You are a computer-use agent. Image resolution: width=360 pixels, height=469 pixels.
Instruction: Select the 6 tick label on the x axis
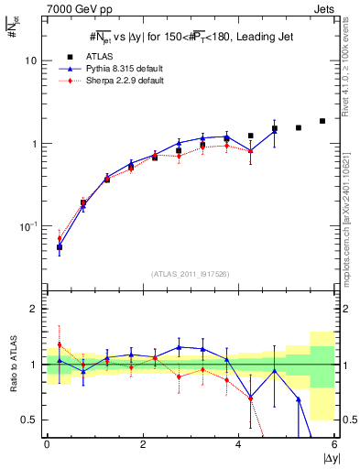pyautogui.click(x=335, y=444)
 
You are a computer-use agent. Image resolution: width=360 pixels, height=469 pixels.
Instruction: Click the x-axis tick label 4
pyautogui.click(x=239, y=444)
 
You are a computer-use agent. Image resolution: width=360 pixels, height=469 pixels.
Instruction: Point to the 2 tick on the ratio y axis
pyautogui.click(x=34, y=309)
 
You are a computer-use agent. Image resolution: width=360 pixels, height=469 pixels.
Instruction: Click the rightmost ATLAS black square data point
pyautogui.click(x=322, y=121)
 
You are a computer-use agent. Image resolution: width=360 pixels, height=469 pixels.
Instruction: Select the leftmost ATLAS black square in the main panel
pyautogui.click(x=60, y=246)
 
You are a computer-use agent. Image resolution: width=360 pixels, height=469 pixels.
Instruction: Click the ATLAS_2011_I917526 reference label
pyautogui.click(x=191, y=274)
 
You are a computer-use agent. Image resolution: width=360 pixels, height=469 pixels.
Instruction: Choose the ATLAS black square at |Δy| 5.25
pyautogui.click(x=299, y=127)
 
